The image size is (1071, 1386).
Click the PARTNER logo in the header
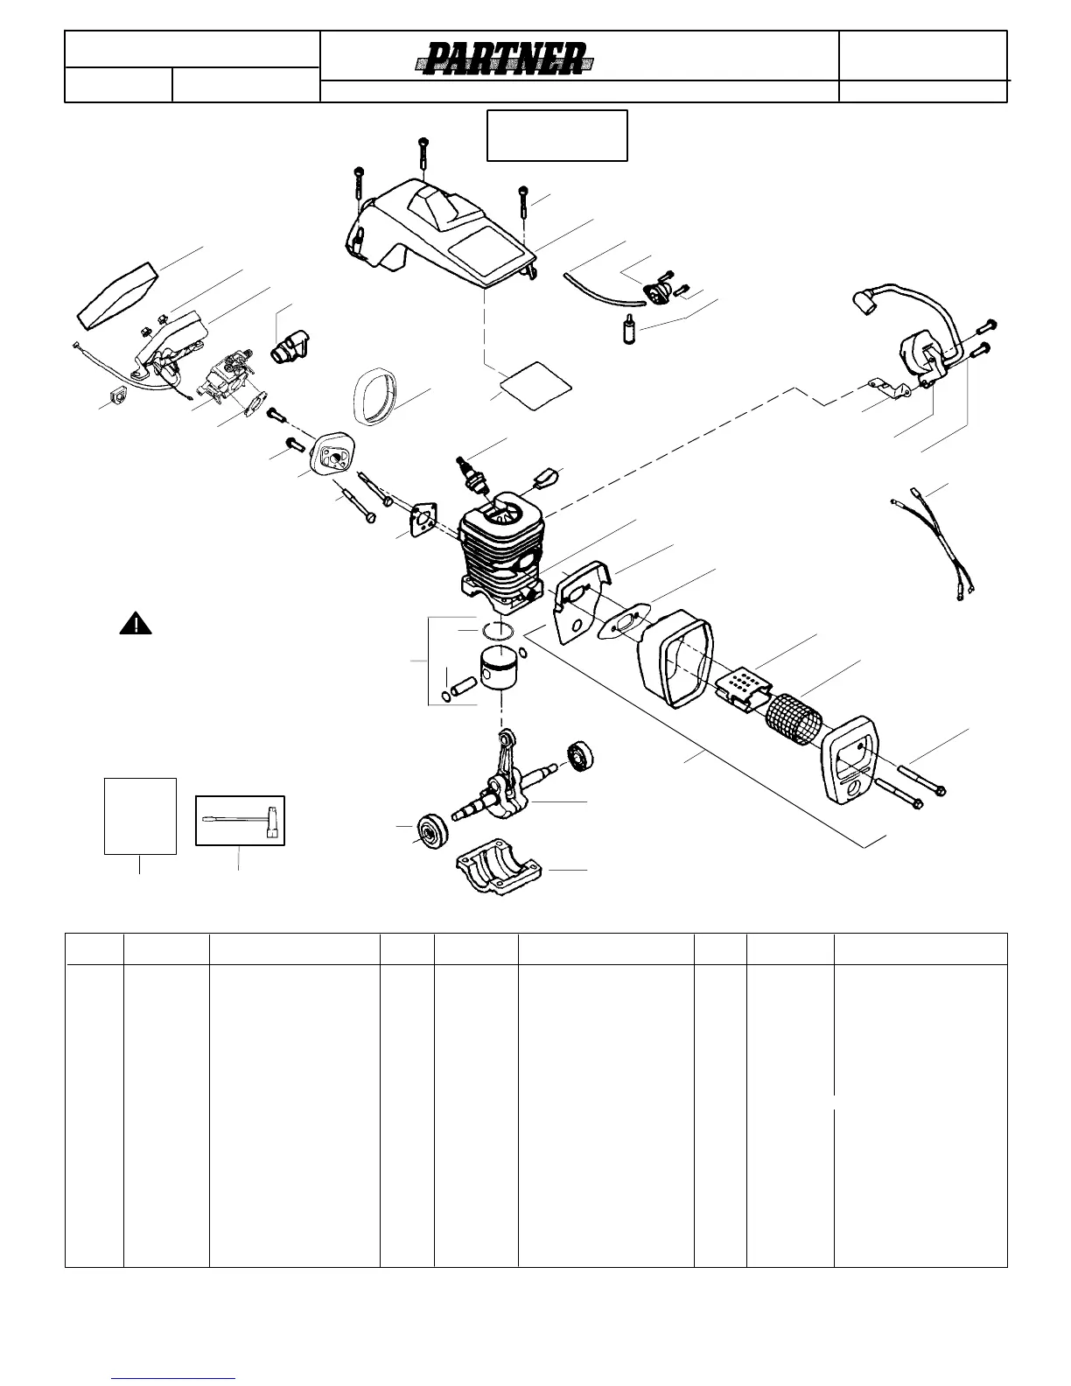coord(505,61)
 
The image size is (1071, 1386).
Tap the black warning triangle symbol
coord(136,624)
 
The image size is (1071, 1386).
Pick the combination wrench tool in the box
coord(241,821)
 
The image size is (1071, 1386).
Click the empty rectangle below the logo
coord(556,135)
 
